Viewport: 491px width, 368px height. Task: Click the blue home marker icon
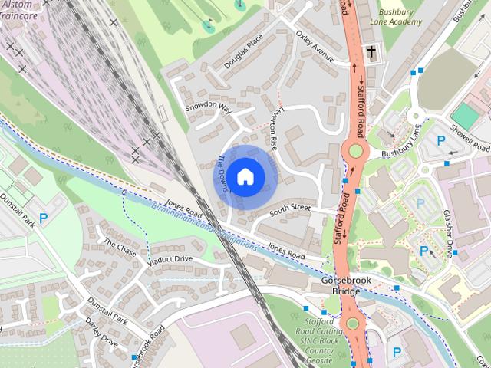(244, 176)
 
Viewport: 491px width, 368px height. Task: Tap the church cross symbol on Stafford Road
(371, 53)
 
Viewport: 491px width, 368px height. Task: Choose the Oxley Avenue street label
(315, 48)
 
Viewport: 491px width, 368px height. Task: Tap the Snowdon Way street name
(208, 108)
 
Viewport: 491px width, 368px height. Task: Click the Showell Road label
(470, 137)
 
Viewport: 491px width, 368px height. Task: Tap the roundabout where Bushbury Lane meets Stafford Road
(355, 151)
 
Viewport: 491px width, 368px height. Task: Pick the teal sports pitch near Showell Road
(464, 114)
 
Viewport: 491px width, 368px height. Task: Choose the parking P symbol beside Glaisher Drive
(424, 251)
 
